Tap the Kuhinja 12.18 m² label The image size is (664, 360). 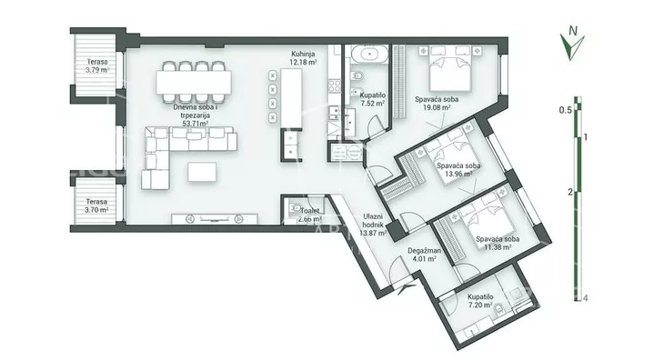304,58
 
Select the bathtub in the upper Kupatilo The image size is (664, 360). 369,55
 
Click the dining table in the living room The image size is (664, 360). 194,82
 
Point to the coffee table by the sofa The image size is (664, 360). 203,172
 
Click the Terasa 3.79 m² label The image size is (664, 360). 97,66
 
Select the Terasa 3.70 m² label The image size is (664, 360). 97,205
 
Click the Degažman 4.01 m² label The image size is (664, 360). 424,255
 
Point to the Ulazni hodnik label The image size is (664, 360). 373,220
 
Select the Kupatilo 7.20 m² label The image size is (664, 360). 480,301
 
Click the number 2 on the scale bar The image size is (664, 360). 570,192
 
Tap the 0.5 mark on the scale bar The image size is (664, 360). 566,110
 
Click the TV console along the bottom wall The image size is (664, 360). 215,219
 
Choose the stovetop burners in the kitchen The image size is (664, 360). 335,85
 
